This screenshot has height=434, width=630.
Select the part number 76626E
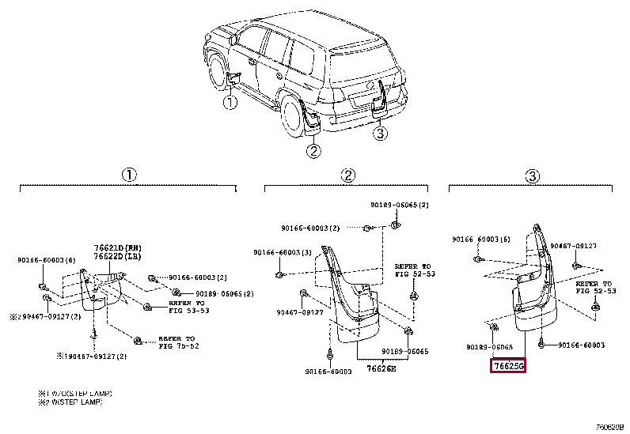(x=382, y=367)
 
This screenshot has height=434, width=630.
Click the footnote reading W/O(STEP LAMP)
(x=75, y=393)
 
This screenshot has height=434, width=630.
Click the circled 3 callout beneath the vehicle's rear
(x=381, y=134)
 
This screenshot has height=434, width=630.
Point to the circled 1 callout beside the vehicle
(x=229, y=102)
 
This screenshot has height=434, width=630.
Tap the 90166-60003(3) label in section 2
(x=282, y=252)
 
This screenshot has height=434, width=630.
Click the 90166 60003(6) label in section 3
(x=481, y=238)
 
